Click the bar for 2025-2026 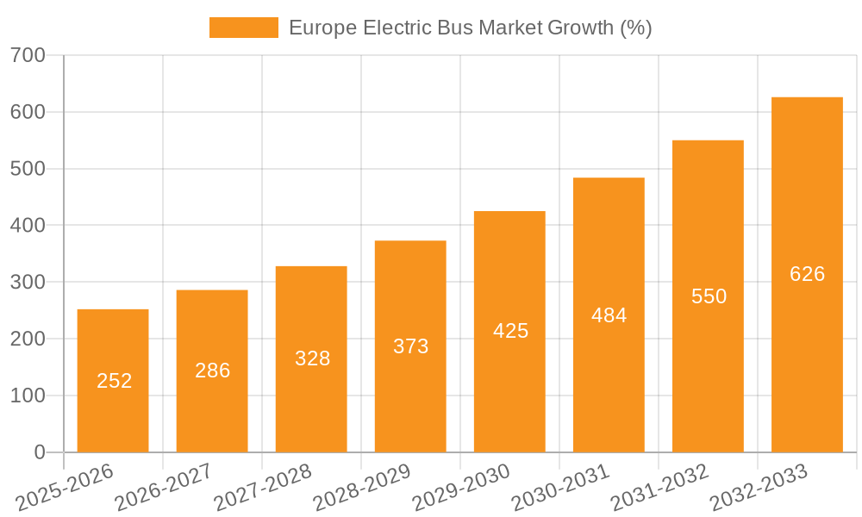click(x=113, y=381)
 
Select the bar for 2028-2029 click(x=410, y=346)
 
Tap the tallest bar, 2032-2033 click(x=807, y=275)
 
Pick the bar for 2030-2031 click(x=609, y=315)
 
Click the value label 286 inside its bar click(x=212, y=371)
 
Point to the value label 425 click(x=510, y=331)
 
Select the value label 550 click(x=709, y=296)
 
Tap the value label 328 click(x=312, y=358)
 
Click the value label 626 click(x=807, y=274)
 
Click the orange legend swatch click(x=244, y=28)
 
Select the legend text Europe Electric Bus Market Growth click(x=470, y=28)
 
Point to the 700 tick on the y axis click(x=28, y=55)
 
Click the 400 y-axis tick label click(x=28, y=226)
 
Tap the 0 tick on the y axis click(x=40, y=452)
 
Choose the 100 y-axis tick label click(x=28, y=396)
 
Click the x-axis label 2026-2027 click(x=163, y=488)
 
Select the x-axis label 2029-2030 click(x=460, y=488)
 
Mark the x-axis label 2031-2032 click(x=659, y=488)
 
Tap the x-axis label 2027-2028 click(x=262, y=488)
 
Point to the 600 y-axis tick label click(x=28, y=112)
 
